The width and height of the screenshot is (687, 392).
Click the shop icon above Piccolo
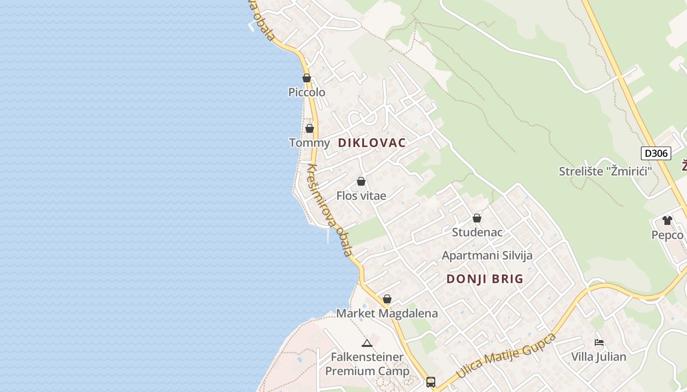[x=307, y=78]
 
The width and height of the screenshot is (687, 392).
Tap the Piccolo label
[x=307, y=92]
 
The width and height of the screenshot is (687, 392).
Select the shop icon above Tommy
[x=310, y=128]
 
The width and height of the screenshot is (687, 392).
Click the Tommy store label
[x=309, y=143]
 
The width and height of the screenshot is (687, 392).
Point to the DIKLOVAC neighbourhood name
[x=372, y=143]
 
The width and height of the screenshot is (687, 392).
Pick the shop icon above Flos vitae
[x=361, y=181]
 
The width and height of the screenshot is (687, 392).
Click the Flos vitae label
[x=361, y=196]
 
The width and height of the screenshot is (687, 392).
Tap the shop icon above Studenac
[x=477, y=218]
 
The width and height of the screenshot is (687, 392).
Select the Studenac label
[x=477, y=232]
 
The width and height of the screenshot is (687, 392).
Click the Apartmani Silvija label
[x=487, y=256]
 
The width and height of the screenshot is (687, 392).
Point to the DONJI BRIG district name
[x=485, y=279]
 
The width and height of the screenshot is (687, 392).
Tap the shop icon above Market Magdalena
[x=387, y=299]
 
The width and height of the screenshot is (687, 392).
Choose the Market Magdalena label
[x=387, y=314]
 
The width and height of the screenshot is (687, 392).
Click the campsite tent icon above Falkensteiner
[x=367, y=343]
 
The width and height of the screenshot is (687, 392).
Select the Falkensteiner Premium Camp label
[x=367, y=364]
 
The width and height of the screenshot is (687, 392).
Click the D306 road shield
[x=656, y=153]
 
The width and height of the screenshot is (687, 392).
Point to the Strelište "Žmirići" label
[x=605, y=171]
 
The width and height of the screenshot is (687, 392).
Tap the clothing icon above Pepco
[x=667, y=220]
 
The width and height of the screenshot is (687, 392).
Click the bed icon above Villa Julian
[x=599, y=343]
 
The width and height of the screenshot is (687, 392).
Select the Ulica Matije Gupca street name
[x=506, y=356]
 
